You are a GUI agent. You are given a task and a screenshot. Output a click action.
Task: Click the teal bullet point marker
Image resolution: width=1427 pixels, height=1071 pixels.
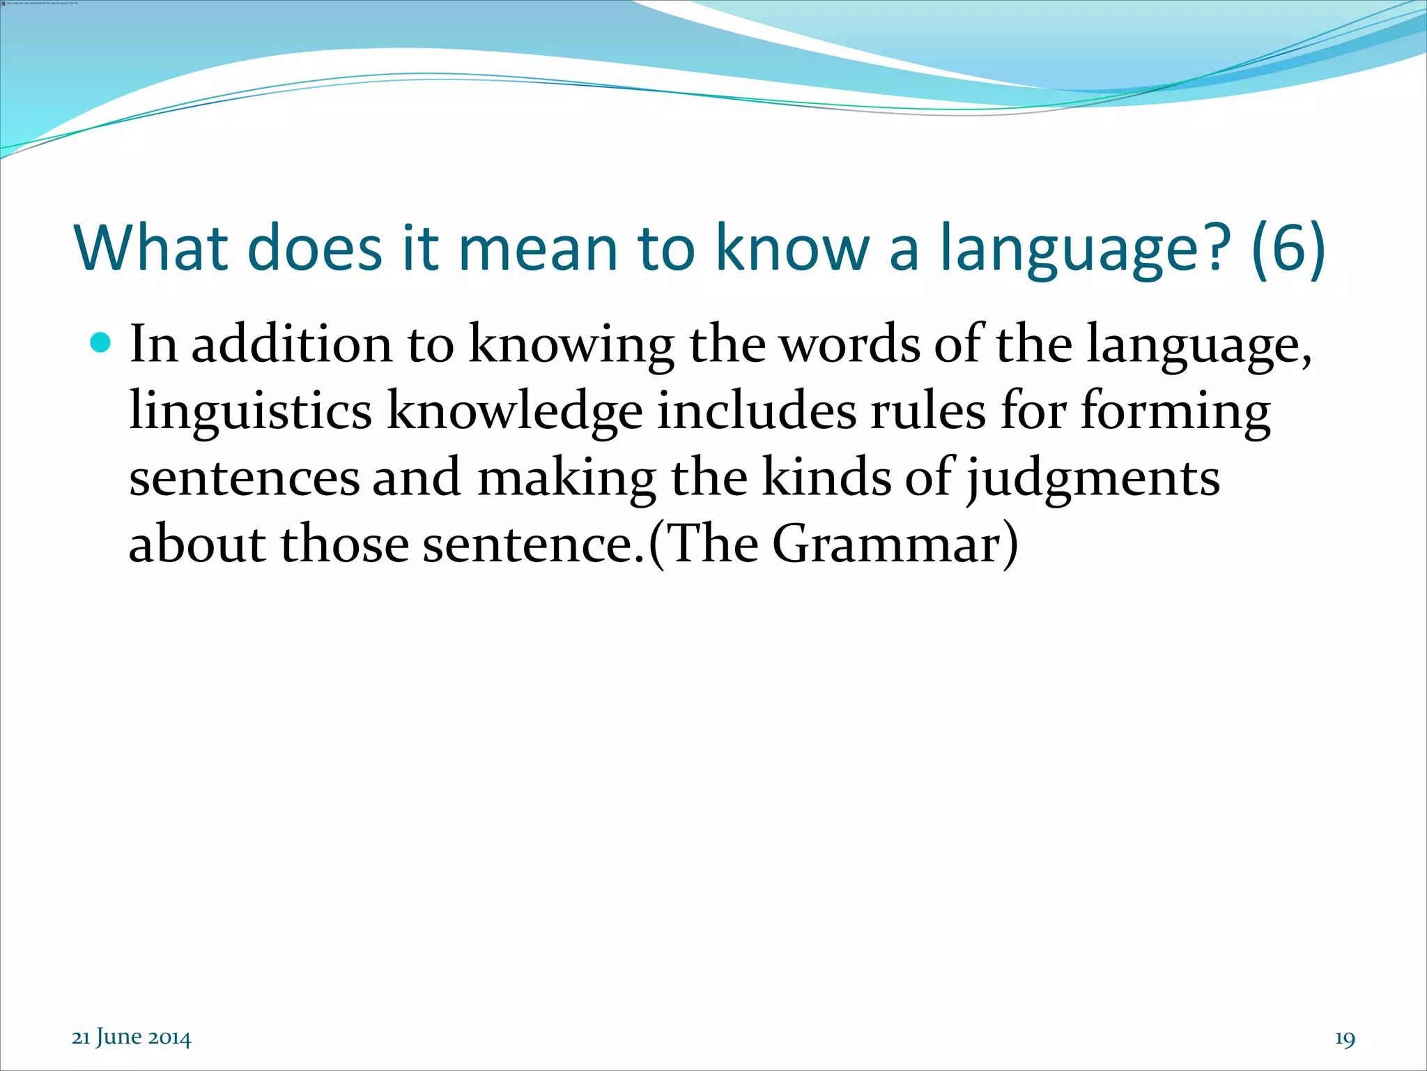coord(101,342)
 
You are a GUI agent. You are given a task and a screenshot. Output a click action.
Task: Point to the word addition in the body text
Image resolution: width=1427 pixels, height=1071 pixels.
coord(292,344)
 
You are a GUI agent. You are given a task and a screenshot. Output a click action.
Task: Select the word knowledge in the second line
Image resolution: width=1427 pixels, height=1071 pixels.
coord(514,411)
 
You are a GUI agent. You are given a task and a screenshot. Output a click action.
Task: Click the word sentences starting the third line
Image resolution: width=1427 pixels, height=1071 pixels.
coord(245,478)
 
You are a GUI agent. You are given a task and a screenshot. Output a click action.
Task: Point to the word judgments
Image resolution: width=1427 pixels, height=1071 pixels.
coord(1093,480)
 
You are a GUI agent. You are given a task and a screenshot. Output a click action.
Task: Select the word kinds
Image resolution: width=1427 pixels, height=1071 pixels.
coord(826,478)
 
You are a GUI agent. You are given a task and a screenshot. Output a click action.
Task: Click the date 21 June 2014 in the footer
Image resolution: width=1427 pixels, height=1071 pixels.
coord(132,1038)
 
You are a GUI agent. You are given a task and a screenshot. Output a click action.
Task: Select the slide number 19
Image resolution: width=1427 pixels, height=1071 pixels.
coord(1345,1039)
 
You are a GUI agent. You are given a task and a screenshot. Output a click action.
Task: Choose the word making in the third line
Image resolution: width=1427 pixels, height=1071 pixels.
coord(566,480)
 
